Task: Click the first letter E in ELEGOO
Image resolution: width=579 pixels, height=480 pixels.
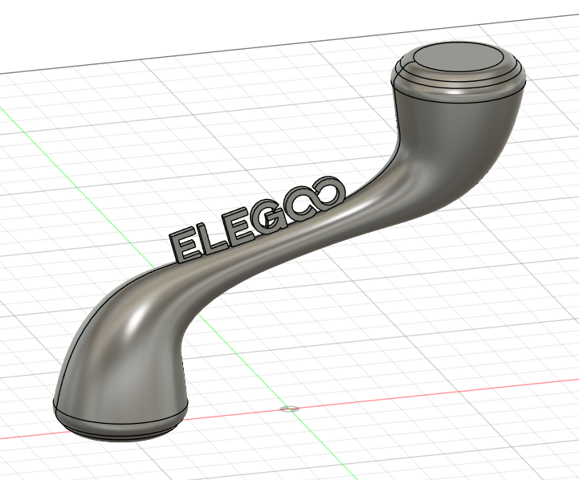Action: pos(184,246)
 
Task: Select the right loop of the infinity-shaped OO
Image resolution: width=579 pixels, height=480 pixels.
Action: pos(329,195)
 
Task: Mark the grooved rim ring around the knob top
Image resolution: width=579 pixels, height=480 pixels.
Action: pos(459,81)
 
